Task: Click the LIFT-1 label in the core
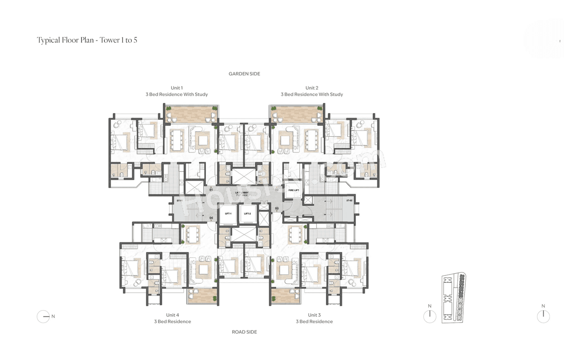[228, 214]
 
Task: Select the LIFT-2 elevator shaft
[247, 214]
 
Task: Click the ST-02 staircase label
[349, 201]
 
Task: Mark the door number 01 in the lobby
[211, 190]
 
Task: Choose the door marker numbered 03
[277, 208]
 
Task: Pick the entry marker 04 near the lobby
[211, 218]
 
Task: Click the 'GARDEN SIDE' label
[244, 74]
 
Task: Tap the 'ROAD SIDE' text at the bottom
[244, 332]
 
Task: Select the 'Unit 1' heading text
[177, 88]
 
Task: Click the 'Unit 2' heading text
[312, 88]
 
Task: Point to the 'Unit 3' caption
[314, 315]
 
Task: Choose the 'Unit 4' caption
[172, 315]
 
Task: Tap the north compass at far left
[43, 316]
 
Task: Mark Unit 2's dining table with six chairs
[312, 140]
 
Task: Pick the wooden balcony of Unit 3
[286, 296]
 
